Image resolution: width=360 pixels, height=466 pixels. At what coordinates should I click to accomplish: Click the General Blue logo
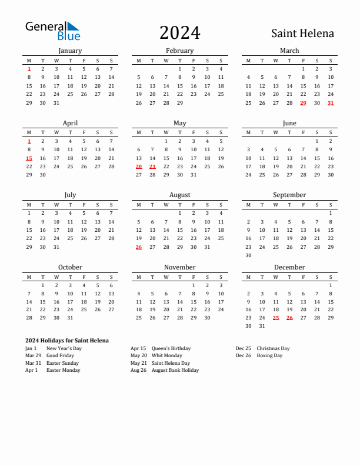point(52,31)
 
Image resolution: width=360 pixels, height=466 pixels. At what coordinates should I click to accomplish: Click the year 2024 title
point(179,33)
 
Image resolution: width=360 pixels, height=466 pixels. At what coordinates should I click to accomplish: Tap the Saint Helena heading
point(302,34)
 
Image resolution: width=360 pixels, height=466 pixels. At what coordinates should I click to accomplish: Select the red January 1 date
point(29,69)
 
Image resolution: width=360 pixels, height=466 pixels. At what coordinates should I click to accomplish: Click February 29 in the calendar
point(179,103)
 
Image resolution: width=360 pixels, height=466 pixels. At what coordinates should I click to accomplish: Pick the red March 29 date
point(303,103)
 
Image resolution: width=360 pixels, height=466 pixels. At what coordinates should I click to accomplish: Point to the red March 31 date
point(331,103)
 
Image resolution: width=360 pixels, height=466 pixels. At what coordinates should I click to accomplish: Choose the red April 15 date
point(29,158)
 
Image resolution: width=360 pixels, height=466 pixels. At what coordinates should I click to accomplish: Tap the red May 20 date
point(139,167)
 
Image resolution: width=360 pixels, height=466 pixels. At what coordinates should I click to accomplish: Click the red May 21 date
point(152,167)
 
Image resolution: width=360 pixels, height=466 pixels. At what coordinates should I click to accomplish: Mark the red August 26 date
point(139,247)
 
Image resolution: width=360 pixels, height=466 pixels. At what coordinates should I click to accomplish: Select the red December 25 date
point(276,318)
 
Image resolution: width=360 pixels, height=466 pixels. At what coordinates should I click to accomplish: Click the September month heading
point(289,195)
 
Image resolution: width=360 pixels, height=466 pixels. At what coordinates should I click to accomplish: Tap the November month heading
point(179,267)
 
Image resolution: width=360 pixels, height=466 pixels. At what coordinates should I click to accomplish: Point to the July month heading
point(70,195)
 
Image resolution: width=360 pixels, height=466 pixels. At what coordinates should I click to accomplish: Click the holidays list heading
point(67,341)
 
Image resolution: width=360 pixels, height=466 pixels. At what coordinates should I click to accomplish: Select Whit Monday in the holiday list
point(167,355)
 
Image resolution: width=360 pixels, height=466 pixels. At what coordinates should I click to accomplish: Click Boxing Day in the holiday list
point(269,355)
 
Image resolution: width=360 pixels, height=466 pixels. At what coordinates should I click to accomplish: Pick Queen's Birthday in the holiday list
point(171,348)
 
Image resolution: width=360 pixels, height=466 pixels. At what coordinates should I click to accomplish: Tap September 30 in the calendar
point(248,255)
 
